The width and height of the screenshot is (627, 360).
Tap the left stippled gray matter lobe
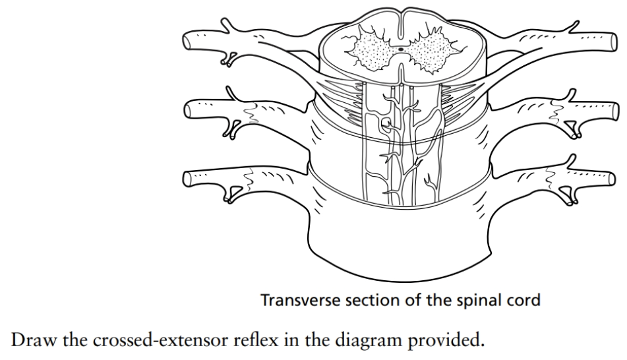point(373,49)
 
